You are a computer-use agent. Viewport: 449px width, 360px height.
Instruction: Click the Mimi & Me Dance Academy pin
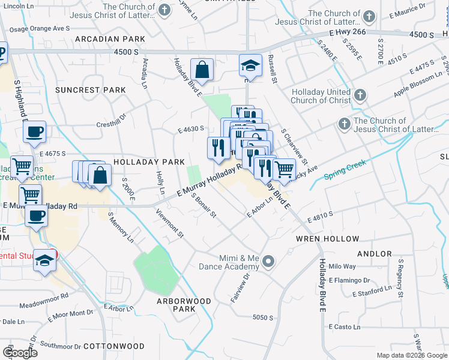click(268, 262)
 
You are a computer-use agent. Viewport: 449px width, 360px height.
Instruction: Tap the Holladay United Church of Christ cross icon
click(360, 95)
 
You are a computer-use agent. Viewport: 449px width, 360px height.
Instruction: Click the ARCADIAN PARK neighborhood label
click(110, 38)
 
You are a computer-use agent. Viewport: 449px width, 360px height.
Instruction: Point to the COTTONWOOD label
click(114, 346)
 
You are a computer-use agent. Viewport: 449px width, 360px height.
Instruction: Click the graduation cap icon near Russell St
click(250, 65)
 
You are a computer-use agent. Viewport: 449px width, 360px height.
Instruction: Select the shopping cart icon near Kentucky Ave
click(283, 169)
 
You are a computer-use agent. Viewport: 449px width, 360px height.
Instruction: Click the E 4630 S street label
click(191, 128)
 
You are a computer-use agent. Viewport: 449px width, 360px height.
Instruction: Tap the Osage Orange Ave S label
click(42, 28)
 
